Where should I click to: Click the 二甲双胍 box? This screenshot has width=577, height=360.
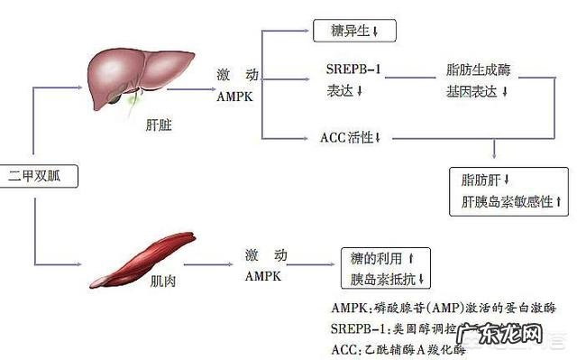(38, 175)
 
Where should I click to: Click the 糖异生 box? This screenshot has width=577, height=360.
(353, 32)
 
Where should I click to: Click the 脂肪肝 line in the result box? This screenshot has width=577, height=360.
(486, 180)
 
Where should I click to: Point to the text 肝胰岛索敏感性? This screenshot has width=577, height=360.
(509, 201)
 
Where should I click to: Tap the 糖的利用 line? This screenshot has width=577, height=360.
(383, 259)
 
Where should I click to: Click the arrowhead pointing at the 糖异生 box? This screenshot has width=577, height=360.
(307, 31)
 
